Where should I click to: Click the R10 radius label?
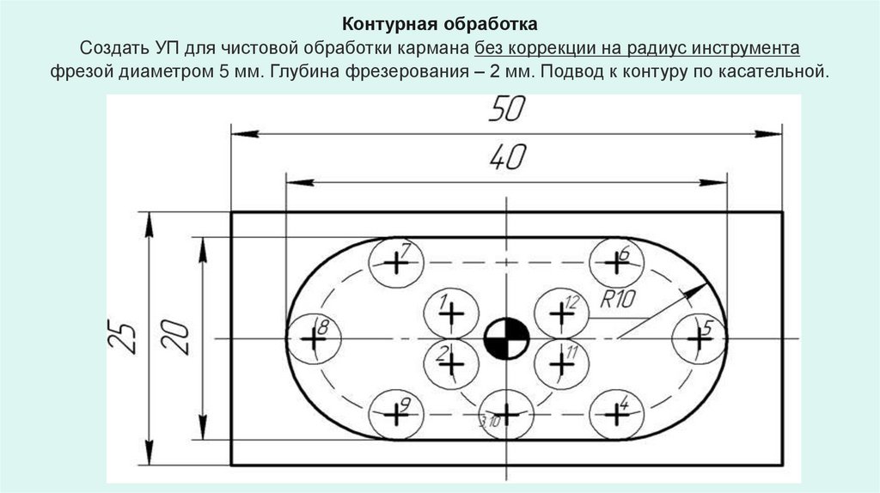pyautogui.click(x=618, y=300)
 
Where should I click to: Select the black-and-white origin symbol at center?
pyautogui.click(x=506, y=338)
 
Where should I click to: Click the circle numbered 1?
pyautogui.click(x=449, y=313)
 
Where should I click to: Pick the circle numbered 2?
pyautogui.click(x=449, y=363)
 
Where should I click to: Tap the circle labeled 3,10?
pyautogui.click(x=506, y=414)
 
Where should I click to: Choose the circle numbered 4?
pyautogui.click(x=616, y=414)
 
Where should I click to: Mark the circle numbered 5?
pyautogui.click(x=700, y=338)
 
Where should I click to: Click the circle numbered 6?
pyautogui.click(x=617, y=263)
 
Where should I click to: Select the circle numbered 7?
pyautogui.click(x=394, y=262)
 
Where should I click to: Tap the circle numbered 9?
pyautogui.click(x=394, y=414)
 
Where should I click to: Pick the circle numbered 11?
pyautogui.click(x=561, y=363)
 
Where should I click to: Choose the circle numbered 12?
pyautogui.click(x=561, y=313)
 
